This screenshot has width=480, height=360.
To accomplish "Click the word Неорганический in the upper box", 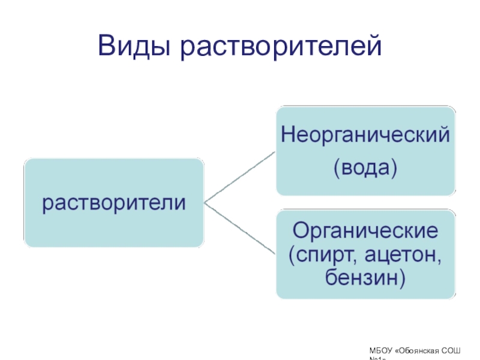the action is (366, 134).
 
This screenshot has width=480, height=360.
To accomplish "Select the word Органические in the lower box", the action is (366, 230).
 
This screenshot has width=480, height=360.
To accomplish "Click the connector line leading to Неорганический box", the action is (240, 176).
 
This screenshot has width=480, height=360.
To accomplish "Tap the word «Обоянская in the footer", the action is (422, 349).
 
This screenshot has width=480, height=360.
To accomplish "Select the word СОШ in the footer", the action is (463, 349).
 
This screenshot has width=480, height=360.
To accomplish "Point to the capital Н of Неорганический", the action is (287, 134).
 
